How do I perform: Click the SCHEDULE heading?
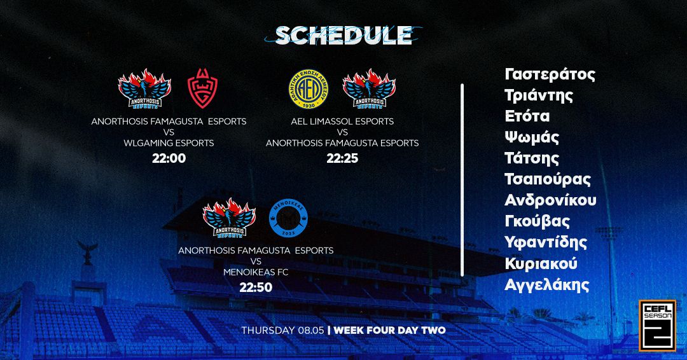coord(343,36)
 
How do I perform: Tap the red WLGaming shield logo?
coord(204,90)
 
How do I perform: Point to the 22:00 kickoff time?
coord(169,158)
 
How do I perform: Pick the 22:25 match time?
coord(342,158)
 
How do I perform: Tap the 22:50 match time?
coord(256,287)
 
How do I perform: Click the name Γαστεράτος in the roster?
coord(550,74)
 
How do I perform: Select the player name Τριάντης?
coord(539,95)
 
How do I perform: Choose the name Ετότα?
coord(527,116)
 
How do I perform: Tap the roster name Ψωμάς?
coord(532,137)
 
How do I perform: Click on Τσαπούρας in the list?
coord(548,179)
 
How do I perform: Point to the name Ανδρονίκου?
coord(550,200)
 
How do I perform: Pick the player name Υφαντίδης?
coord(546,242)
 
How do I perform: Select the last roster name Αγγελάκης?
coord(546,284)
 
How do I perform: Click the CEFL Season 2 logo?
coord(657,324)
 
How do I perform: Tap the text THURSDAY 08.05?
coord(282,331)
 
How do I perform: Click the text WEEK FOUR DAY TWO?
coord(389,331)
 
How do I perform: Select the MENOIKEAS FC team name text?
coord(256,272)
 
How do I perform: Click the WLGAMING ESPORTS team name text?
coord(169,143)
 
